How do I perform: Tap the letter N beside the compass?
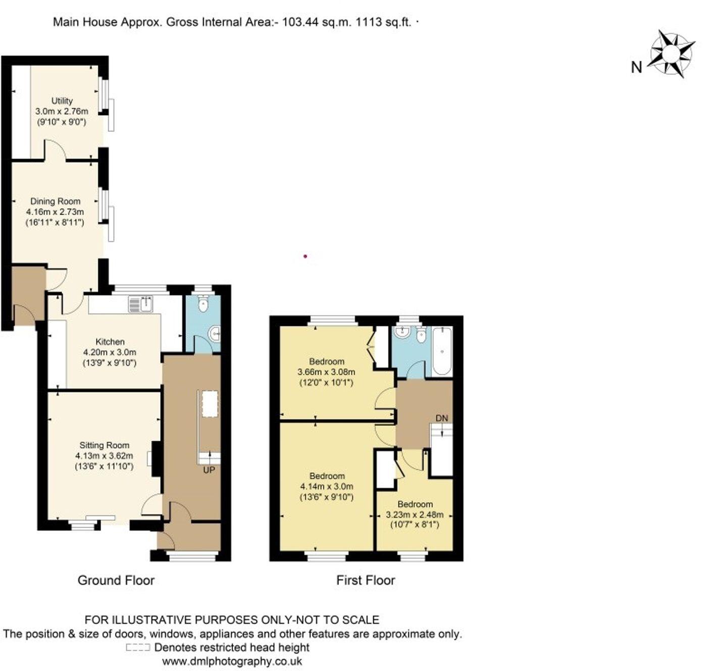636,67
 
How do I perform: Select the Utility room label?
62,101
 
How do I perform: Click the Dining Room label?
55,201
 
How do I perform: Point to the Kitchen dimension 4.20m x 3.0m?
110,352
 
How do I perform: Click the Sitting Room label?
104,445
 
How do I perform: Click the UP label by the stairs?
209,470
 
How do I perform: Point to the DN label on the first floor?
441,418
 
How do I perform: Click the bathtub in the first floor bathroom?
442,351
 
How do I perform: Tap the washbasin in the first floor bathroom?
403,332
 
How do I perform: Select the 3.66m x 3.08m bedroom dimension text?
327,372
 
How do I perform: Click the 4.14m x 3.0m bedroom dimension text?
327,487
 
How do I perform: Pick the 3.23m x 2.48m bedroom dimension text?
415,515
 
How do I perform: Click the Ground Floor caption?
116,581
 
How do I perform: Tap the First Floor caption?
366,581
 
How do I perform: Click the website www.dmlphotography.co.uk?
232,661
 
